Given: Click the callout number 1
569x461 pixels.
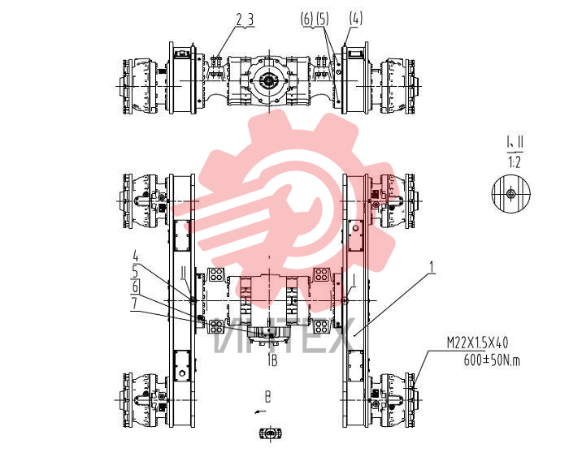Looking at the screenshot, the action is pos(432,267).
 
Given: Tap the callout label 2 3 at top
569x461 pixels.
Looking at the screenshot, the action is pos(245,20).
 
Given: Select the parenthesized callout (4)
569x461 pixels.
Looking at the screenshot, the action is pos(356,18).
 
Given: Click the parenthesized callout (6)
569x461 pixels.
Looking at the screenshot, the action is pos(307,19).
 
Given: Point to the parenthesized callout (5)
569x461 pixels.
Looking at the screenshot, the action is pos(322,19).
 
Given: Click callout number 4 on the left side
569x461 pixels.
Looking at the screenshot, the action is pos(136,257).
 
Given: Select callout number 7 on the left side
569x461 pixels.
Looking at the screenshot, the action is pos(135,304).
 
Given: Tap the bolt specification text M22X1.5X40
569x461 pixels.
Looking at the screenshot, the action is pos(477,343).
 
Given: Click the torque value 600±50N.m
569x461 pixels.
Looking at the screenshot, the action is pos(492,360).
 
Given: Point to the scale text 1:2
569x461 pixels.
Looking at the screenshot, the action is pos(515,162).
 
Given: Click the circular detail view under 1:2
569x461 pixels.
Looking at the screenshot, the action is pos(511,194).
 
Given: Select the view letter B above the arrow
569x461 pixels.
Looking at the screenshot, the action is pos(267,397).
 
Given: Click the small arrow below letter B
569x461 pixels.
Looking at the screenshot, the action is pos(261,411).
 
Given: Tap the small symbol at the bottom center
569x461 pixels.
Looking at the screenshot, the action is pos(271,433).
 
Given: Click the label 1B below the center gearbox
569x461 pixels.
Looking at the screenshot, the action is pos(272,360).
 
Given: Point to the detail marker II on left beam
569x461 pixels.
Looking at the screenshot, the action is pos(185,282).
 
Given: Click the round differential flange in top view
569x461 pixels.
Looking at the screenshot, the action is pos(269,80).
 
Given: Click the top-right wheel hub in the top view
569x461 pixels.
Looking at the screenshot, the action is pos(400,86).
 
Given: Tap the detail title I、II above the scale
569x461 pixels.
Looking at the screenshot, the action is pos(515,142).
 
